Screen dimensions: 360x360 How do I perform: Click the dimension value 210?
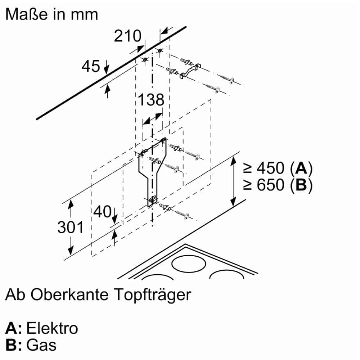[x=127, y=36]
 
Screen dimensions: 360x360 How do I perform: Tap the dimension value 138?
[x=150, y=100]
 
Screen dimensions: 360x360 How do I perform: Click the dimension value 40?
[x=102, y=212]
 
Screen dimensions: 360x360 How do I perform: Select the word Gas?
[x=42, y=345]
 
